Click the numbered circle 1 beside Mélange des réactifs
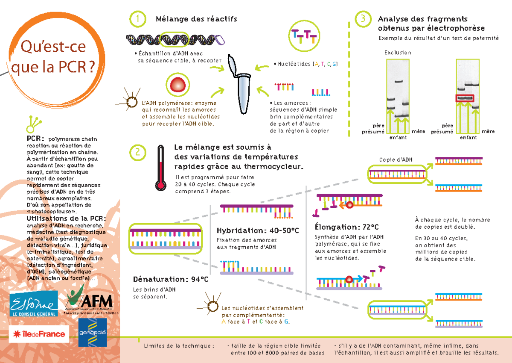(138, 19)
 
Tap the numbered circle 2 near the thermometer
(138, 153)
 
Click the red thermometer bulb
(160, 185)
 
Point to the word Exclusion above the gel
(398, 53)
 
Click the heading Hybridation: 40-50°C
(258, 230)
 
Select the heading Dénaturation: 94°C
(171, 279)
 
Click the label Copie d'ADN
(396, 159)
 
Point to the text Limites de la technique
(179, 345)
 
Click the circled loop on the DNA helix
(174, 39)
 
